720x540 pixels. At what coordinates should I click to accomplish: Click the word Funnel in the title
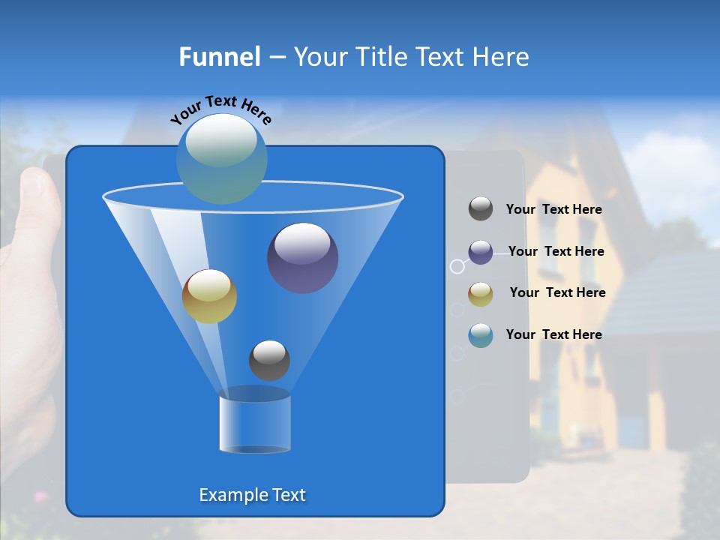(x=220, y=57)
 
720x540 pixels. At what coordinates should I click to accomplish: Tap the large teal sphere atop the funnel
(x=222, y=158)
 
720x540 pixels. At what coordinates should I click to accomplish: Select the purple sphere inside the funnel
(x=302, y=258)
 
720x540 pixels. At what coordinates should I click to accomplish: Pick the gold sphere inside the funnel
(x=209, y=296)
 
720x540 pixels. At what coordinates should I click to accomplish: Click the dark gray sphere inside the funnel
(x=269, y=360)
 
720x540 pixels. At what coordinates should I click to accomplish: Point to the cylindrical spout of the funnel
(x=255, y=424)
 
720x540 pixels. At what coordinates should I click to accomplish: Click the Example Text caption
(x=252, y=495)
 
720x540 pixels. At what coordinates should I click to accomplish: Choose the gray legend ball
(x=481, y=209)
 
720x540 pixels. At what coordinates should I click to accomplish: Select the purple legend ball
(x=481, y=252)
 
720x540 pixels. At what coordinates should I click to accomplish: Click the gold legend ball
(x=481, y=294)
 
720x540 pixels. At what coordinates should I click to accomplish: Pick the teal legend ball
(x=481, y=335)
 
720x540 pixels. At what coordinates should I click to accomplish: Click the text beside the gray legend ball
(x=553, y=210)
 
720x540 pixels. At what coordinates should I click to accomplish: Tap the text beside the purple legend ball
(x=556, y=252)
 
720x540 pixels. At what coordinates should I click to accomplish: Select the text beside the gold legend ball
(x=557, y=293)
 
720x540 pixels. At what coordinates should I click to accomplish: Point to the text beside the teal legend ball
(x=553, y=335)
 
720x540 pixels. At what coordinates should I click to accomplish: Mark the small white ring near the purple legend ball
(x=457, y=266)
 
